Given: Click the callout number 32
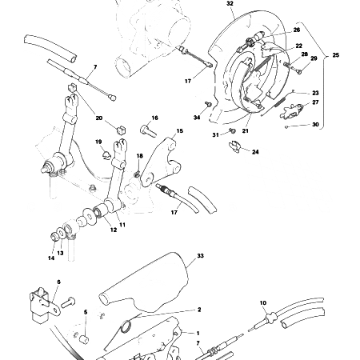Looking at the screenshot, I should [230, 4].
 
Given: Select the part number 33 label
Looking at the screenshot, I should [201, 256].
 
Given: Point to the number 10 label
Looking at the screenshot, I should [262, 303].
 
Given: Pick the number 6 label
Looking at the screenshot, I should [58, 282].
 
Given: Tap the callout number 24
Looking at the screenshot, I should [255, 151].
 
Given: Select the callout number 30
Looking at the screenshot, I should [315, 125].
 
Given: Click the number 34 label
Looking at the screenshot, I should [196, 118].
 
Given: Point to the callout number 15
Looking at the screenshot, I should [180, 130].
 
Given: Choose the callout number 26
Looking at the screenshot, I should [297, 30].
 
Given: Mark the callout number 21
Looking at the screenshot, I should [245, 131].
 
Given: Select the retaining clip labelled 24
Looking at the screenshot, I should [235, 145].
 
